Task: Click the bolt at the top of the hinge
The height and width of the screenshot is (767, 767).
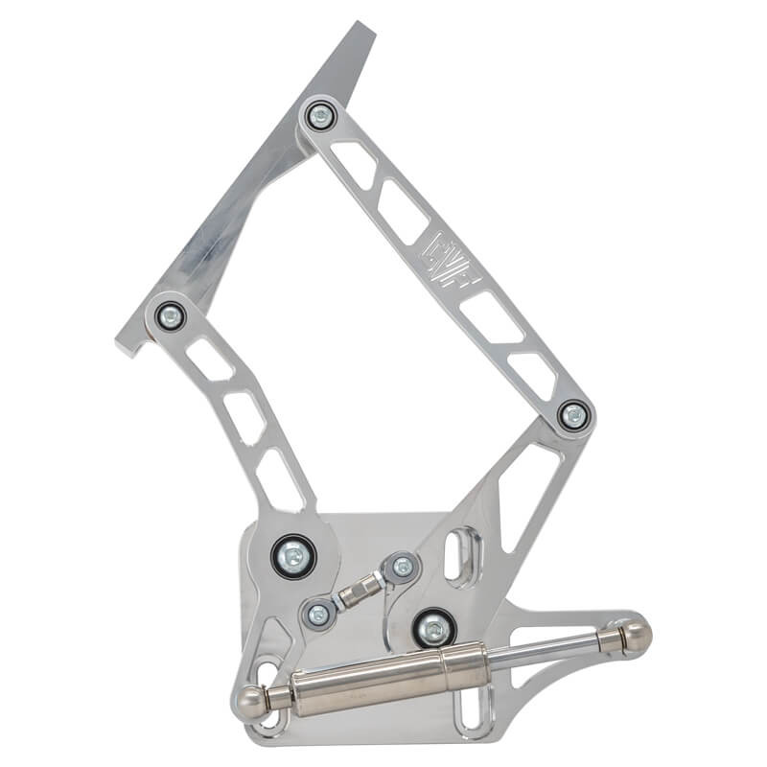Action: [x=319, y=117]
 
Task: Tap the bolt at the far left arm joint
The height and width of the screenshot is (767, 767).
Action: [x=170, y=314]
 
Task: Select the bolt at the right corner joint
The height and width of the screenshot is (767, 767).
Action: [x=573, y=414]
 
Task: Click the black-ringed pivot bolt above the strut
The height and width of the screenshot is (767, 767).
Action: [x=434, y=629]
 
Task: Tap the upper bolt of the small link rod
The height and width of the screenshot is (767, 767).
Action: [x=403, y=567]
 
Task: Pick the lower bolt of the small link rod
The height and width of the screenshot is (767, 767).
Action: [x=316, y=614]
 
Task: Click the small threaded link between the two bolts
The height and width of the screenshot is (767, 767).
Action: [x=359, y=591]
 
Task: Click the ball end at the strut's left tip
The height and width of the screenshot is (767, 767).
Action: [x=251, y=699]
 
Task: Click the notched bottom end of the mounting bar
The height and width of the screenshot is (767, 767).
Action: [x=129, y=341]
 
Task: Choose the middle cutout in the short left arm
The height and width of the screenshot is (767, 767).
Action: [x=244, y=418]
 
